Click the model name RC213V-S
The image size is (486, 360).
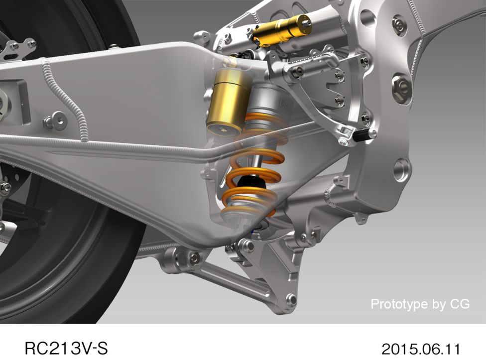pos(66,348)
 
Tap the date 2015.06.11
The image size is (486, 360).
pos(421,348)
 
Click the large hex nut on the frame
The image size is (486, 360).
pos(402,87)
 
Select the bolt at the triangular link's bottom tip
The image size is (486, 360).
pos(291,300)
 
